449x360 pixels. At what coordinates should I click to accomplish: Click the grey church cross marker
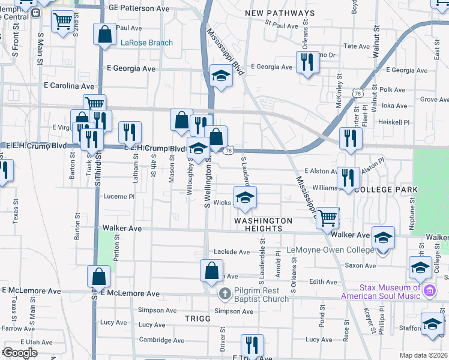[x=224, y=294]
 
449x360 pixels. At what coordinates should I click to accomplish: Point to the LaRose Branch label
[x=146, y=43]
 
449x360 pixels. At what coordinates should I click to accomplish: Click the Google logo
[x=20, y=353]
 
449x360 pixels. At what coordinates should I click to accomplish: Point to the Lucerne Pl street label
[x=118, y=196]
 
